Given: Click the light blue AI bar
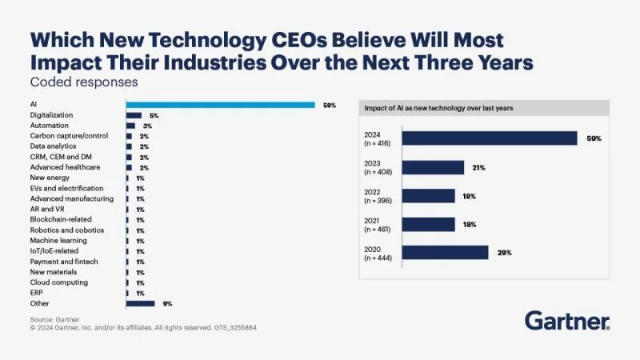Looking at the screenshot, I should pos(220,105).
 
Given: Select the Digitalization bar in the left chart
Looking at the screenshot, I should pos(134,115).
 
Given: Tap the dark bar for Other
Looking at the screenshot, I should pos(140,303).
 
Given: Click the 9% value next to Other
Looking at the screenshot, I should pos(167,303).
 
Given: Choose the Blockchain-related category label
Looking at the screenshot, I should pos(61,219).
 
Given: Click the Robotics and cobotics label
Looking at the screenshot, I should pos(65,230).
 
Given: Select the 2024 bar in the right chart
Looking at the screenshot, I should pos(489,138).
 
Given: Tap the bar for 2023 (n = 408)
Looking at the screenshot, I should pos(433,167).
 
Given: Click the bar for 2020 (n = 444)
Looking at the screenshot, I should pos(445,253).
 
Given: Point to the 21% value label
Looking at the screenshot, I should pos(479,167).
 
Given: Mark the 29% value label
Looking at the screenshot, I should pos(503,253).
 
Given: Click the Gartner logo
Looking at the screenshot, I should pos(567,322).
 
